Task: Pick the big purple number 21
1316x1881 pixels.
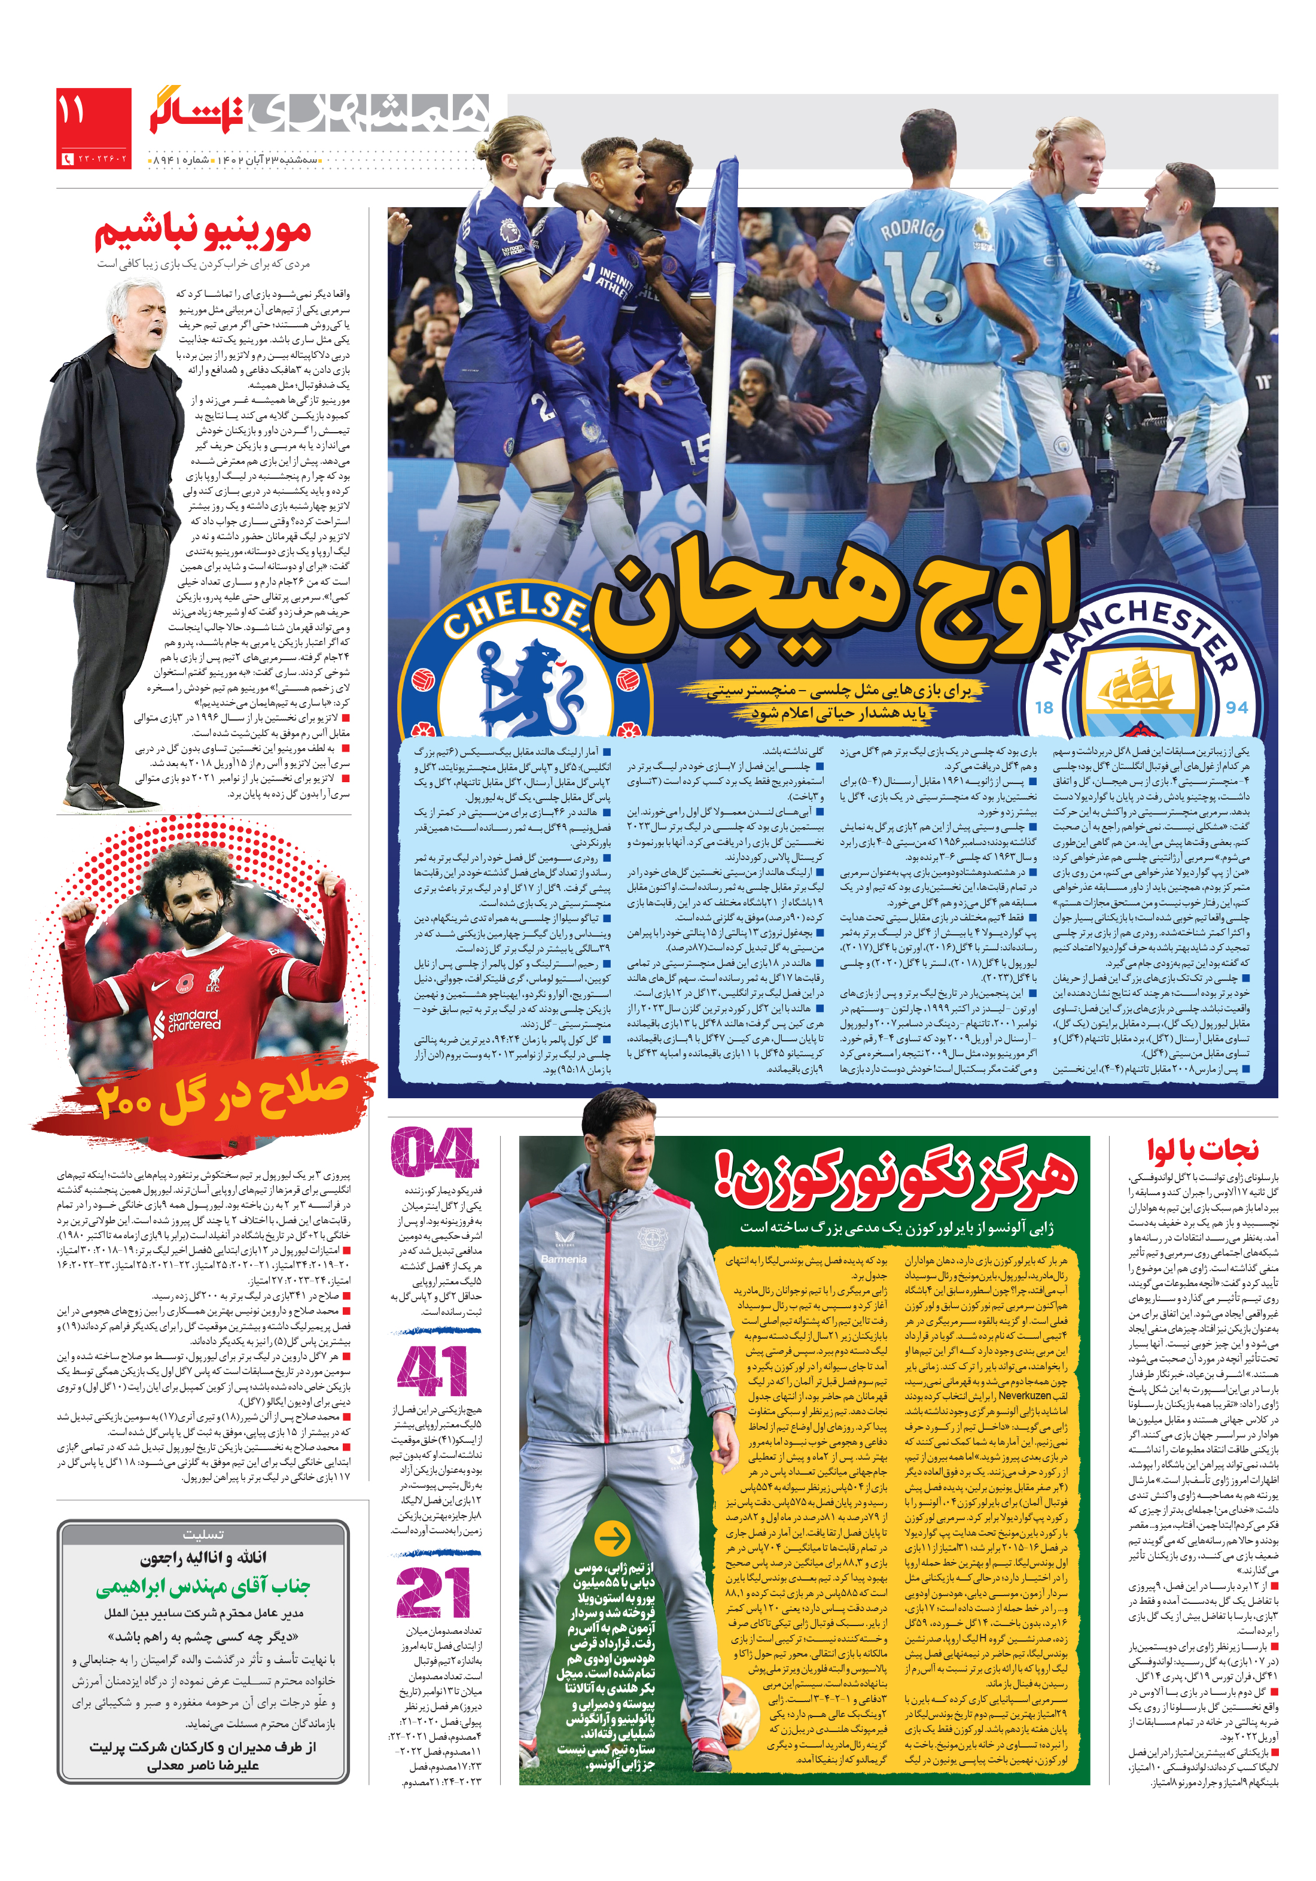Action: pos(433,1592)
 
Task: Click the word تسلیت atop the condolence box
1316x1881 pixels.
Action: pos(202,1533)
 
